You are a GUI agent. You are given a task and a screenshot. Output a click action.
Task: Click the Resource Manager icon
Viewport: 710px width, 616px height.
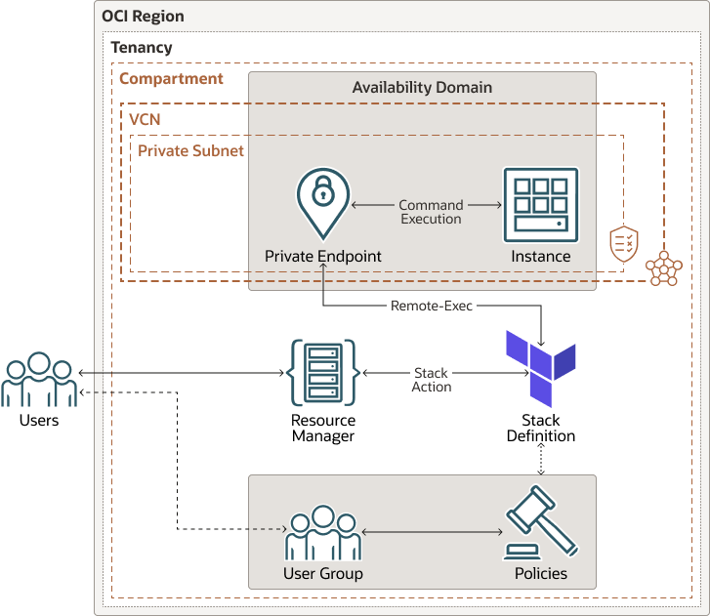point(322,372)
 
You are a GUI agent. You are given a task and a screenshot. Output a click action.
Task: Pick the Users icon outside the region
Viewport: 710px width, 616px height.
point(39,380)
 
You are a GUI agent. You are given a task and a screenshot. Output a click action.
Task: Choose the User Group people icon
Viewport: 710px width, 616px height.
point(322,532)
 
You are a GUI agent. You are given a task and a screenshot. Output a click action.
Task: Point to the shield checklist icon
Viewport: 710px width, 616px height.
point(624,244)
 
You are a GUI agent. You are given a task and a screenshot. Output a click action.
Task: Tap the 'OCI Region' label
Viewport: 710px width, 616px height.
point(143,17)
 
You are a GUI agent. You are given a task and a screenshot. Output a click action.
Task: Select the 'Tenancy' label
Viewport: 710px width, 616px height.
point(142,47)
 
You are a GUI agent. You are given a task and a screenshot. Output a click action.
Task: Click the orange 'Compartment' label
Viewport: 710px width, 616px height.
point(171,78)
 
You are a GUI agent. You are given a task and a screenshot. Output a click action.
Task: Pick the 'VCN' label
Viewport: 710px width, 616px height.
point(146,118)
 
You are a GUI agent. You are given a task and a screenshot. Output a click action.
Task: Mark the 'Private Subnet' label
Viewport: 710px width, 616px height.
point(190,150)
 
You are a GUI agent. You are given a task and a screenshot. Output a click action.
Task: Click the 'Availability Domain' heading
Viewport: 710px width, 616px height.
point(422,87)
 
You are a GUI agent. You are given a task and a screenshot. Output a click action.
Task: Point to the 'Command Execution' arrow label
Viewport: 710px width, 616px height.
point(431,212)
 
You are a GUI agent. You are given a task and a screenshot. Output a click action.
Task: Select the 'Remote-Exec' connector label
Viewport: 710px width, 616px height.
point(432,306)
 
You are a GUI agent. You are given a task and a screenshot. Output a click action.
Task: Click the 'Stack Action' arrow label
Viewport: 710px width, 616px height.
point(431,380)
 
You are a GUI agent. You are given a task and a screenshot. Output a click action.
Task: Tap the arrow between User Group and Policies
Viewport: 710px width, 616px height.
point(432,532)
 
